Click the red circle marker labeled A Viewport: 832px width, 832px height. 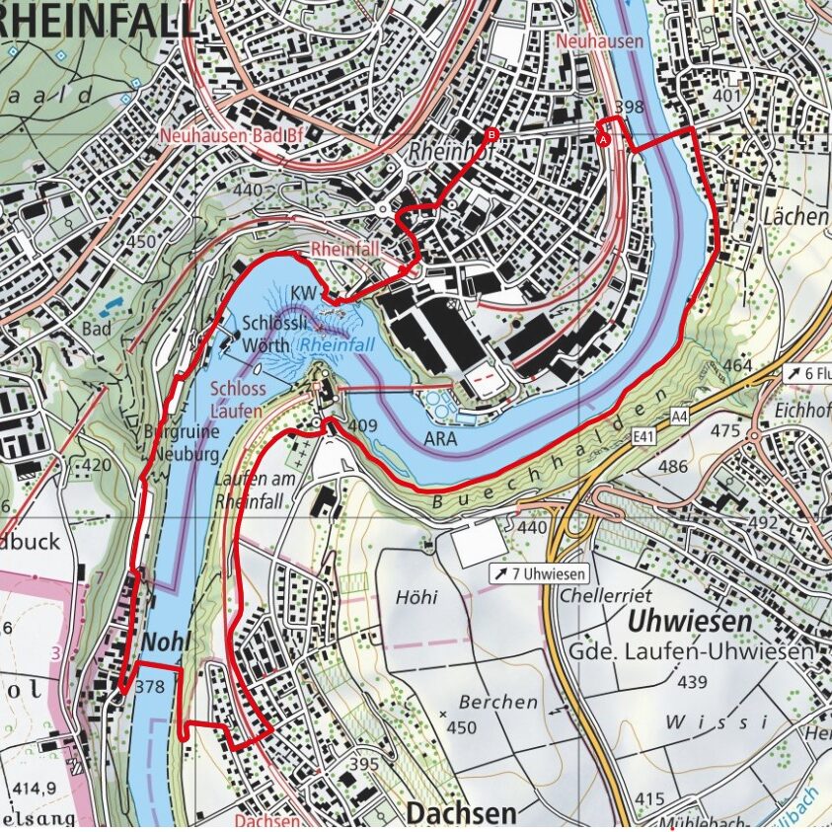[603, 140]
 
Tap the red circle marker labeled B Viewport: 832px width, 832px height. [492, 136]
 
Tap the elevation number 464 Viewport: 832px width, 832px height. [737, 366]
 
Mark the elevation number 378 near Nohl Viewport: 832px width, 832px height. [150, 686]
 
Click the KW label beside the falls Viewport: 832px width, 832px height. [303, 293]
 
